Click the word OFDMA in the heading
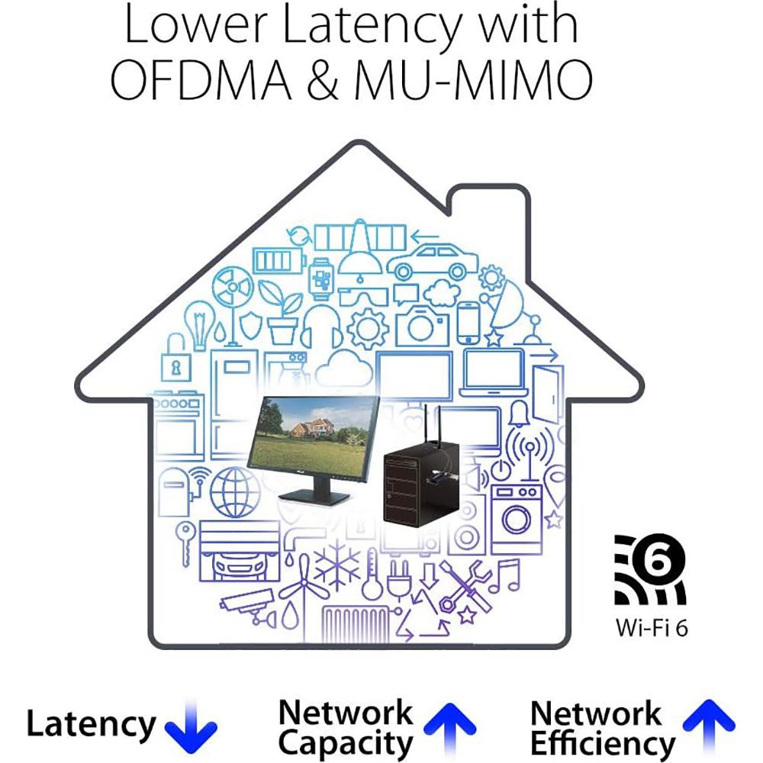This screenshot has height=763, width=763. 201,80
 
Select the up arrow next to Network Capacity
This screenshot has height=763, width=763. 449,727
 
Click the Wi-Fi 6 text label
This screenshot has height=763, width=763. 652,628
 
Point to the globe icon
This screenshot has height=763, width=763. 234,491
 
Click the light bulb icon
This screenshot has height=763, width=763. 199,324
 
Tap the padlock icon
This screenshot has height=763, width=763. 175,359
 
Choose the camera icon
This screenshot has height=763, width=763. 421,325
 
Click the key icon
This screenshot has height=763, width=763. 186,543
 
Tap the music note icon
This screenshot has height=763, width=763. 504,576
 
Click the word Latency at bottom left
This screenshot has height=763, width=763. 91,724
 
